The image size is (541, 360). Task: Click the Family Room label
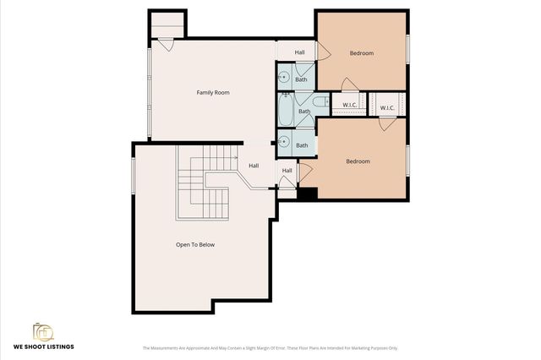click(213, 92)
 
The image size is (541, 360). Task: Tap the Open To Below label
click(195, 244)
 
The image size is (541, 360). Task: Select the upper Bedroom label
click(361, 53)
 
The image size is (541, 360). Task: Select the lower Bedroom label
click(358, 161)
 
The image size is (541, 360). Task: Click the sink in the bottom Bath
click(285, 142)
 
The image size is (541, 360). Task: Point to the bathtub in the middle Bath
click(288, 109)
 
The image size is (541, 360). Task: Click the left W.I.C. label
click(348, 106)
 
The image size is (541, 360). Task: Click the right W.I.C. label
click(386, 107)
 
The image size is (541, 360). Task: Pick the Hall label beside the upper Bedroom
click(300, 52)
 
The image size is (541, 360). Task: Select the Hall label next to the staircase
click(254, 166)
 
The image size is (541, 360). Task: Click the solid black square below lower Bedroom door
click(308, 194)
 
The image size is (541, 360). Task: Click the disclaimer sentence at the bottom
click(269, 347)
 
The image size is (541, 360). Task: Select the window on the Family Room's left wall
click(150, 93)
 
